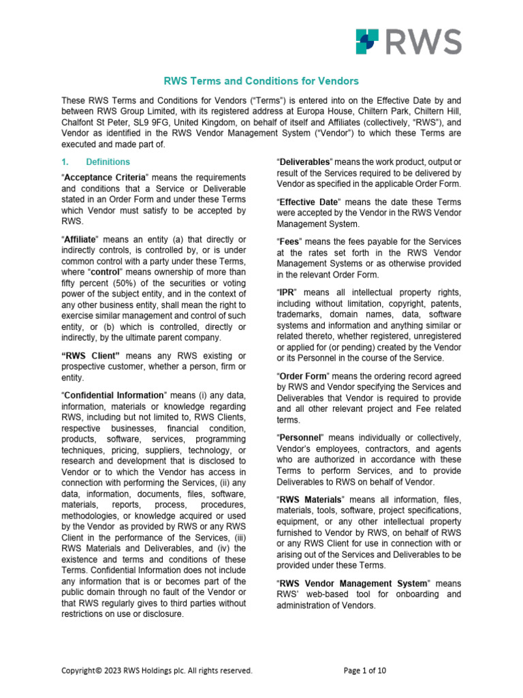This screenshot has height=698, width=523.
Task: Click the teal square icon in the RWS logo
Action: click(x=368, y=42)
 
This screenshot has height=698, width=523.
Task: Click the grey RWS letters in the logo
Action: click(x=422, y=42)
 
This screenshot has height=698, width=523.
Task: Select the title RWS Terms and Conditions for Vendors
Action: click(x=261, y=81)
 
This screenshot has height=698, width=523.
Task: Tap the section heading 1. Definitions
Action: click(x=101, y=162)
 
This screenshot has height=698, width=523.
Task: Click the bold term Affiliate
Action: click(x=81, y=239)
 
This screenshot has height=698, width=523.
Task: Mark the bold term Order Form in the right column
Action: click(x=302, y=376)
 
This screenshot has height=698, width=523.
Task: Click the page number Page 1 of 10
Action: click(x=366, y=671)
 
